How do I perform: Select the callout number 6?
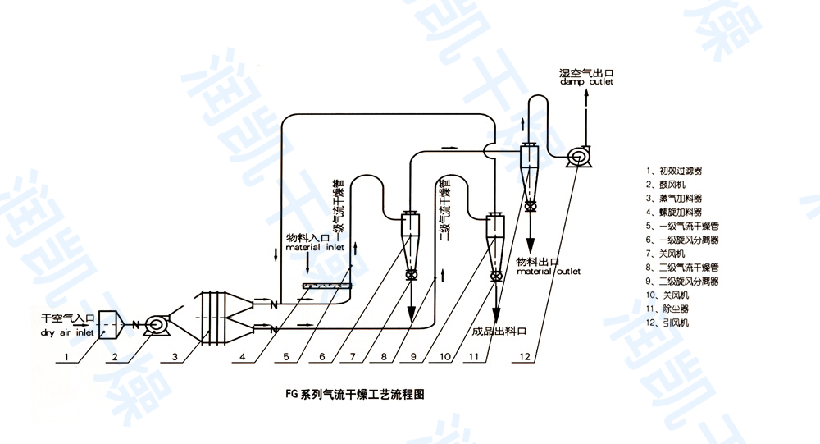tap(322, 358)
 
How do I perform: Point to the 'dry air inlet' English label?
tap(68, 333)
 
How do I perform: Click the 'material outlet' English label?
tap(548, 271)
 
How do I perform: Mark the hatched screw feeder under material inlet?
tap(327, 286)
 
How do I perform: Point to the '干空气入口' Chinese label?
tap(69, 318)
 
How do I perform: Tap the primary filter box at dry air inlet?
tap(110, 325)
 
